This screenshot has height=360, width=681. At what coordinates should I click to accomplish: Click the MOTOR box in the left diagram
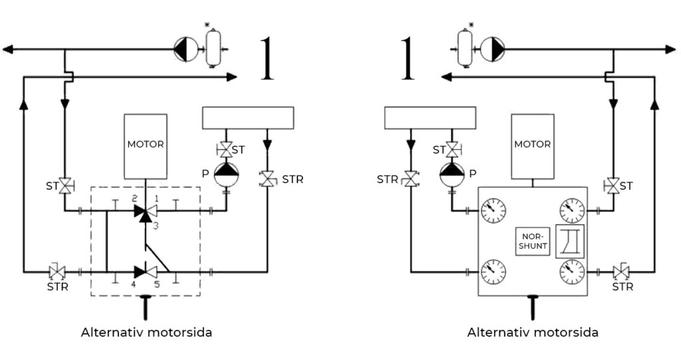click(x=146, y=146)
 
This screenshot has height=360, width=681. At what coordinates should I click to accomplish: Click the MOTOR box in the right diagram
click(x=533, y=146)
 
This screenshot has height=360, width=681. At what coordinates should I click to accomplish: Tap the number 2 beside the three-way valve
click(x=135, y=198)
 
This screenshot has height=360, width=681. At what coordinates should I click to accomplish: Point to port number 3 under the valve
click(x=156, y=225)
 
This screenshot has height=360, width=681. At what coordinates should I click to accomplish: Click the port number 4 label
click(x=134, y=285)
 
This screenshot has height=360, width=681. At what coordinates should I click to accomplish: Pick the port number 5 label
click(x=157, y=285)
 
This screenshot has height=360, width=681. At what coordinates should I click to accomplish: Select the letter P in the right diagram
click(x=473, y=174)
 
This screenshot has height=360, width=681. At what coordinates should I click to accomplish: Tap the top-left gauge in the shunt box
click(x=493, y=211)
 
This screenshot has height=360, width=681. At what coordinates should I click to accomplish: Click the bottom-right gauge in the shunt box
click(x=572, y=271)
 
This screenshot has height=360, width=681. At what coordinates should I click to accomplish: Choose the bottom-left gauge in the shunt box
click(x=493, y=271)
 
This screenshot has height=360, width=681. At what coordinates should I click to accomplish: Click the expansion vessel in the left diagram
click(x=213, y=48)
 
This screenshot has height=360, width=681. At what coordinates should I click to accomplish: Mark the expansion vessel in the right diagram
click(x=465, y=48)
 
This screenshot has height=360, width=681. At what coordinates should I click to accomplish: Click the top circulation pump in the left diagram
click(x=186, y=49)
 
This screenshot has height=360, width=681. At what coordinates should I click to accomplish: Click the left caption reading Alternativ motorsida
click(x=146, y=333)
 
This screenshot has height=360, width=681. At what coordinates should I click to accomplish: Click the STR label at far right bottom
click(x=622, y=287)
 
